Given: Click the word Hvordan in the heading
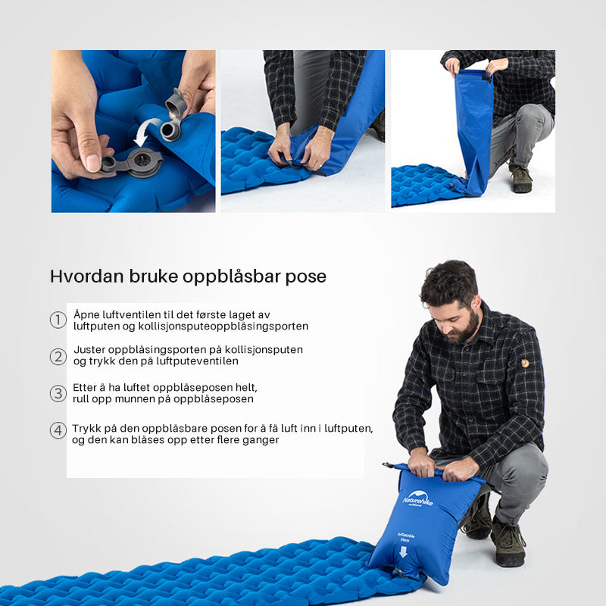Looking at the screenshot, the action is coord(86,276).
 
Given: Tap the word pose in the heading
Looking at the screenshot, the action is coord(306,278).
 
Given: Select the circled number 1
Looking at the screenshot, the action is coord(58,320).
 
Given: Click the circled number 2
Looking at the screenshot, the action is coord(58,356).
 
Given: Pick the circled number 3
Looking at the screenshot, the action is coord(58,393).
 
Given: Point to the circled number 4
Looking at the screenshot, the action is coord(58,430).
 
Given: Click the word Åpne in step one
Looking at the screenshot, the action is coord(86,315).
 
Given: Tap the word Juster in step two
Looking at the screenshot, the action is coord(89,350).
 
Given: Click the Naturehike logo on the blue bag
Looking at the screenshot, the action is coord(418,499).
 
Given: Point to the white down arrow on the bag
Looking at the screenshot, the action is coord(403,551).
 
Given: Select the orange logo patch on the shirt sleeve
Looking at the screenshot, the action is coord(524,364).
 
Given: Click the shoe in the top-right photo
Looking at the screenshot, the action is coord(520,178).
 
